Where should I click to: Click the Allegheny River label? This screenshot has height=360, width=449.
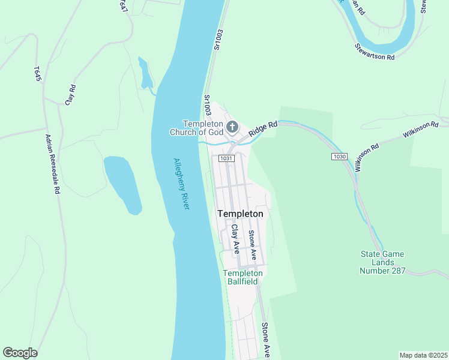point(181,184)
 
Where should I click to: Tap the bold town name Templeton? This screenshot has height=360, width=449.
point(240,214)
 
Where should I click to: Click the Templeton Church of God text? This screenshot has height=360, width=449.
point(202,128)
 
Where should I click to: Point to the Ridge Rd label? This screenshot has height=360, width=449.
point(264,127)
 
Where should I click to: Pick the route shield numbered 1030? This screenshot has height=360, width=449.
point(339,157)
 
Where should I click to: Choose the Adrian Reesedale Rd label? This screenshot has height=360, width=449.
point(53,163)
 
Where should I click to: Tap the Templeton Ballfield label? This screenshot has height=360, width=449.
point(243,277)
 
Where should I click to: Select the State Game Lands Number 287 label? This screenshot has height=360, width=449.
point(382,262)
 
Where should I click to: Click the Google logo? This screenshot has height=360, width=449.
point(20,353)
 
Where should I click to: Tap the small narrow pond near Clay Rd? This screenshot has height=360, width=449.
point(145,74)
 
